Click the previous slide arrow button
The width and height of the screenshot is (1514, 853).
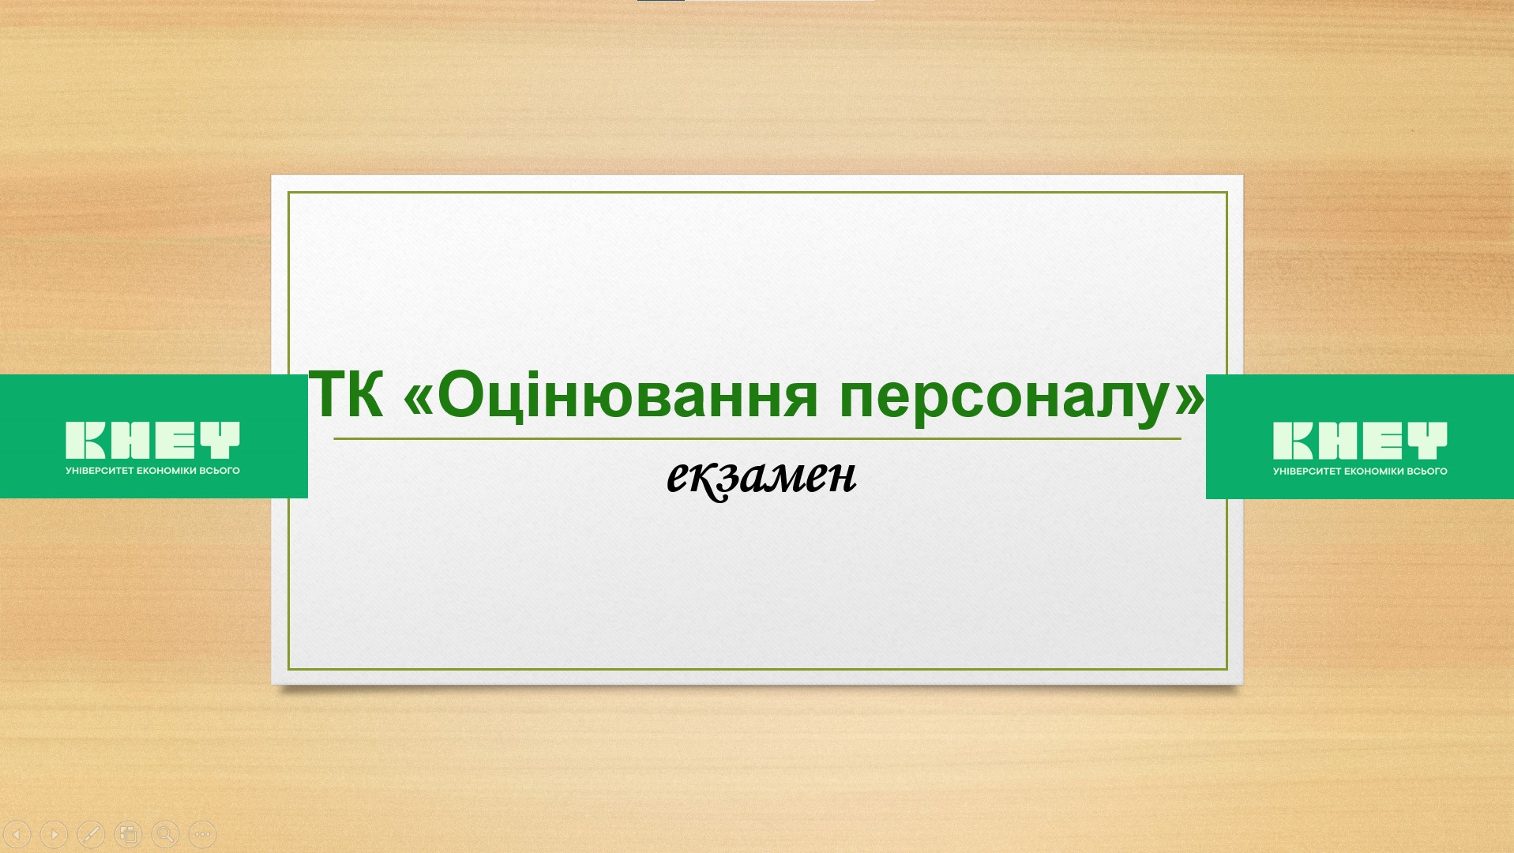(x=17, y=833)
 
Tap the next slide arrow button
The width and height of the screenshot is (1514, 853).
(x=54, y=833)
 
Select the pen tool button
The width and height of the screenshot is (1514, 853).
(x=91, y=833)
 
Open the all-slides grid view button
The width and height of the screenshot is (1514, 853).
(x=128, y=833)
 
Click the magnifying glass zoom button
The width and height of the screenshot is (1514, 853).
(x=165, y=833)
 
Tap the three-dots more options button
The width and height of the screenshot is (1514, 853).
(x=202, y=833)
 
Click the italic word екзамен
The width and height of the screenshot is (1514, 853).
(x=761, y=477)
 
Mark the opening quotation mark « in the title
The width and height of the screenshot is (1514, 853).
(x=418, y=399)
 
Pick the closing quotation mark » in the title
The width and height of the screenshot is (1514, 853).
(x=1189, y=399)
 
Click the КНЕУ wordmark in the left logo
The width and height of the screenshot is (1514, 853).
(x=152, y=440)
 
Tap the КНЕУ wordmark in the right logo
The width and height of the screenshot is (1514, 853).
(x=1360, y=440)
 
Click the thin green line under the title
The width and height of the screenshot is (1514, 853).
(x=757, y=438)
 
